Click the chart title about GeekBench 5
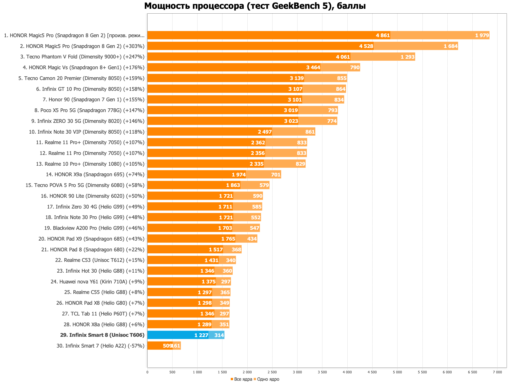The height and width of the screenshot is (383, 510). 255,6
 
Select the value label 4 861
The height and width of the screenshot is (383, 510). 383,35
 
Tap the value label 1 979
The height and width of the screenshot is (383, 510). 482,35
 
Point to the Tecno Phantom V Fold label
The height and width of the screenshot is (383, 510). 82,57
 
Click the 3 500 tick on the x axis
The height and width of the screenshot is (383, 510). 322,372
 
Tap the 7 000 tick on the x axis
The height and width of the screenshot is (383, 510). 497,372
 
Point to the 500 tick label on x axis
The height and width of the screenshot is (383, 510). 172,372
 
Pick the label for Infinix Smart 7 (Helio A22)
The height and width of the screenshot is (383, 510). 100,346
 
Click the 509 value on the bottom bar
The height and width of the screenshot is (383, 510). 167,346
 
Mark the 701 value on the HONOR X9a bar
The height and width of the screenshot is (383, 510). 276,174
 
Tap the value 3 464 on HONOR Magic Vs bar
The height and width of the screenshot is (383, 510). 313,68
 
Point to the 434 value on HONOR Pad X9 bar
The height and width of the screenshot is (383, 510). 252,239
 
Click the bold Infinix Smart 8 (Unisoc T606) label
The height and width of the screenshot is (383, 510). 102,335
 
